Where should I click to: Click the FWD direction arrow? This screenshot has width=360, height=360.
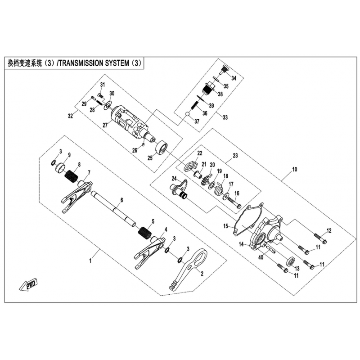28,285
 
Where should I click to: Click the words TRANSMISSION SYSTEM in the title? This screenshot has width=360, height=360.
94,63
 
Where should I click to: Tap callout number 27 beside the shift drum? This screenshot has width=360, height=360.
105,126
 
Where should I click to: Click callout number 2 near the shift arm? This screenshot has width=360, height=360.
202,274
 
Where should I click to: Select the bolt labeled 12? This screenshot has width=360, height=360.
320,238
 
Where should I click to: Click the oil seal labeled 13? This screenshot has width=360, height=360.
291,261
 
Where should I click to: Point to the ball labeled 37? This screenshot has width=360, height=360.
188,114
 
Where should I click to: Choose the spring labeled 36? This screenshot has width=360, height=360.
195,105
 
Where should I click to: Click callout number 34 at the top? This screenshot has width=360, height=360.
234,78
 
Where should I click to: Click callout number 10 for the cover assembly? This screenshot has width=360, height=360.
295,169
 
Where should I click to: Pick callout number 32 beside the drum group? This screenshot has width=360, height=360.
70,116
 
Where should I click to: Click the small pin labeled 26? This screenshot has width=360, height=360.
143,144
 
